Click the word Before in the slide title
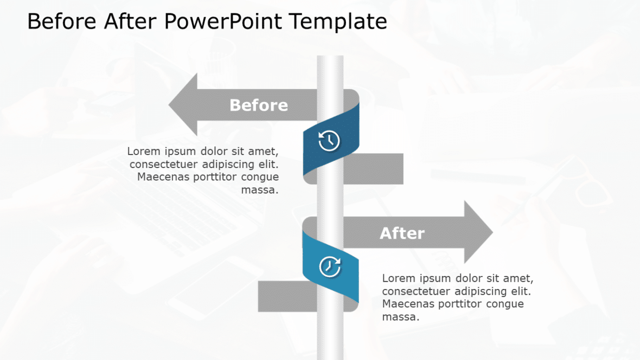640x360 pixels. tap(62, 21)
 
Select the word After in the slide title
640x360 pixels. tap(130, 21)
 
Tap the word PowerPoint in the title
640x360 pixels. tap(223, 21)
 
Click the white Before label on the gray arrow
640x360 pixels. tap(259, 105)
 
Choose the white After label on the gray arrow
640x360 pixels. tap(402, 234)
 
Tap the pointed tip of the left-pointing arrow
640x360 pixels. tap(169, 105)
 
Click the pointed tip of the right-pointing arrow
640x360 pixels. tap(492, 232)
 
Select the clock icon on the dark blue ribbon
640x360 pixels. tap(329, 140)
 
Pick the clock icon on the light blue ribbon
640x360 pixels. tap(330, 267)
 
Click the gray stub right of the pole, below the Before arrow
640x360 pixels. tap(373, 169)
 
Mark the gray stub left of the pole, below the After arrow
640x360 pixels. tap(287, 297)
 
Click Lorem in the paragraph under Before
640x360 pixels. tap(144, 151)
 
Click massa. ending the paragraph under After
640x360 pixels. tap(400, 317)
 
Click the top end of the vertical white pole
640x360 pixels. tap(330, 56)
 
